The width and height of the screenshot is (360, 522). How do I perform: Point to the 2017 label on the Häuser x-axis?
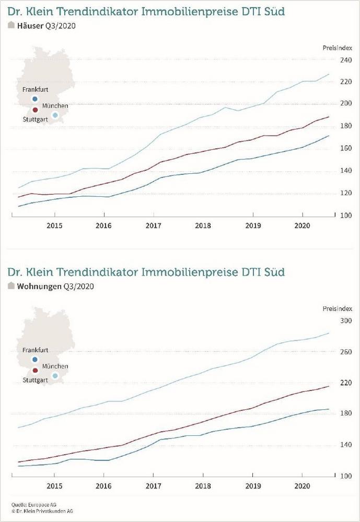pyautogui.click(x=153, y=226)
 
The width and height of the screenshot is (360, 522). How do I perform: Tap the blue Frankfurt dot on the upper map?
pyautogui.click(x=35, y=99)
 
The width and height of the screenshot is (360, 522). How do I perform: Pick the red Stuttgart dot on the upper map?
pyautogui.click(x=35, y=110)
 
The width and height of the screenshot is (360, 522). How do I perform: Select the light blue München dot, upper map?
pyautogui.click(x=55, y=115)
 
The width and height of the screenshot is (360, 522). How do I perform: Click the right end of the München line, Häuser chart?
pyautogui.click(x=328, y=74)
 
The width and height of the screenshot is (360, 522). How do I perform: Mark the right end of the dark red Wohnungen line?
pyautogui.click(x=328, y=386)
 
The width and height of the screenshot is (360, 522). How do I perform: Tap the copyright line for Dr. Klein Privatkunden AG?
pyautogui.click(x=42, y=511)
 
